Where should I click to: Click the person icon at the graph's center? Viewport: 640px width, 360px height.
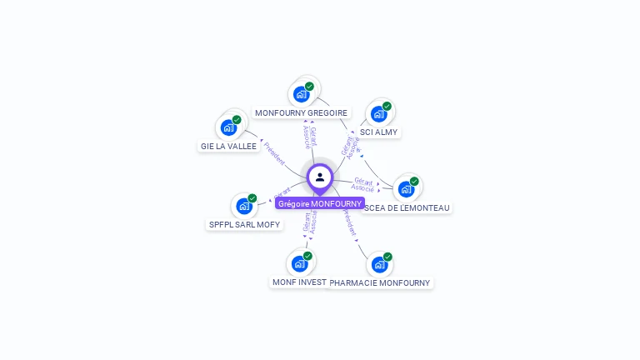(x=320, y=177)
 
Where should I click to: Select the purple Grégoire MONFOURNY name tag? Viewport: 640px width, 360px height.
(x=320, y=203)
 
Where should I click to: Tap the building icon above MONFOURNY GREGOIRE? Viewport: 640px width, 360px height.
(x=301, y=93)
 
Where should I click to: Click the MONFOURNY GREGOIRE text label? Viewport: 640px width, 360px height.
(x=301, y=112)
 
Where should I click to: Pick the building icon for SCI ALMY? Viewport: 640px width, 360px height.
(x=379, y=113)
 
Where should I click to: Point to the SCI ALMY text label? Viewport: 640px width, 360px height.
(x=379, y=132)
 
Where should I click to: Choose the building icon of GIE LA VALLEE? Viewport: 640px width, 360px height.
(x=228, y=127)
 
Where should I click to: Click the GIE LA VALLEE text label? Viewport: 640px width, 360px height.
(x=228, y=146)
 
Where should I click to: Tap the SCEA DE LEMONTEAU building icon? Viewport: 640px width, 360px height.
(x=406, y=189)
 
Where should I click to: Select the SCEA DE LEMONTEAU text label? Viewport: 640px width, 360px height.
(x=407, y=207)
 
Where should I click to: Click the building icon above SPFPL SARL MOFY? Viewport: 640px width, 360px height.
(x=244, y=206)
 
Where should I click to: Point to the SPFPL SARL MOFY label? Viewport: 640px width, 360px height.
(x=244, y=224)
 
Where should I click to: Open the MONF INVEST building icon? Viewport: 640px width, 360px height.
(x=299, y=263)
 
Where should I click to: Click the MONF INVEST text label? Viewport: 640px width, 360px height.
(x=299, y=282)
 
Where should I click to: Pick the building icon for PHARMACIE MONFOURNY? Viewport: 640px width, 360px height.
(x=379, y=264)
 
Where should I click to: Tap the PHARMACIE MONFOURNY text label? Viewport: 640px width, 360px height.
(x=380, y=282)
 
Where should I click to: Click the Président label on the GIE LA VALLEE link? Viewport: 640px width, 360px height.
(x=274, y=152)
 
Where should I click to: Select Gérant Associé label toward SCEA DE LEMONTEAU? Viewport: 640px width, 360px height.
(x=363, y=184)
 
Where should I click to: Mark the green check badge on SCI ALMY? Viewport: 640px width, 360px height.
(x=387, y=106)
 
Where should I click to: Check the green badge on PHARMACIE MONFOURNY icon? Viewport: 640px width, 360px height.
(x=387, y=257)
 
